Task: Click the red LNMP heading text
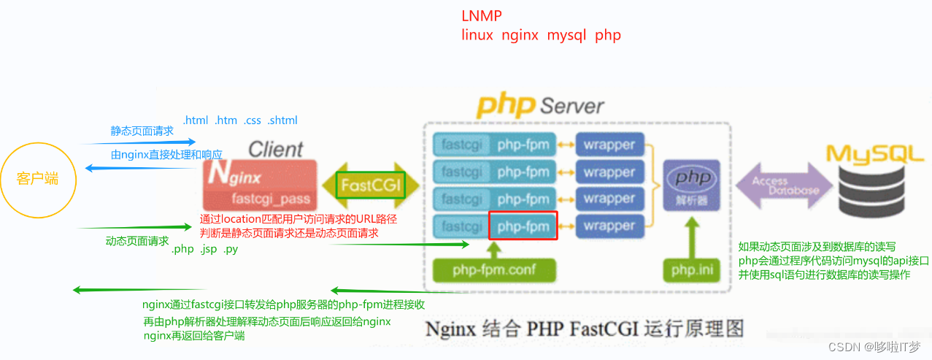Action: click(482, 16)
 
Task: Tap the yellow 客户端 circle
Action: click(38, 180)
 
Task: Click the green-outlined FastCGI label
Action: click(371, 185)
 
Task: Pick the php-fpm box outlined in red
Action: click(523, 226)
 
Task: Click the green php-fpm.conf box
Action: click(494, 270)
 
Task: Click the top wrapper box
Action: click(609, 145)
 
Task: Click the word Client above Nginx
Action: click(275, 150)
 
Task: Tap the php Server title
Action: click(540, 105)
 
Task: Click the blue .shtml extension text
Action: click(282, 120)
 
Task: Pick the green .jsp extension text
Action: click(209, 249)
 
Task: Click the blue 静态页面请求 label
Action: click(142, 131)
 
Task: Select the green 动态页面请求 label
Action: click(137, 241)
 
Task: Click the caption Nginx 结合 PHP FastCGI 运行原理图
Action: click(585, 328)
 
